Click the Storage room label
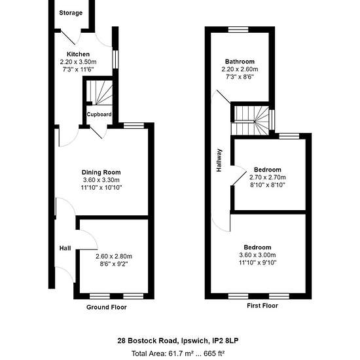[x=71, y=13]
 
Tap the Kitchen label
[x=78, y=54]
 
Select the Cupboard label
[x=99, y=114]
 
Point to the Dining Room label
[x=101, y=172]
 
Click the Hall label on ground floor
[x=65, y=248]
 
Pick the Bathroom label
[x=240, y=62]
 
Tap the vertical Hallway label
[x=219, y=160]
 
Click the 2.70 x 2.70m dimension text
[x=268, y=177]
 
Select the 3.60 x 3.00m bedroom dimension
[x=258, y=255]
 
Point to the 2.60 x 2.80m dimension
[x=114, y=256]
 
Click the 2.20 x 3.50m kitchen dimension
[x=78, y=62]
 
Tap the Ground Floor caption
[x=107, y=307]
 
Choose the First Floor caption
[x=262, y=306]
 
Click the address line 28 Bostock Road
[x=178, y=340]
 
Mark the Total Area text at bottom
[x=178, y=353]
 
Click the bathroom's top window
[x=238, y=29]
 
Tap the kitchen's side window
[x=115, y=59]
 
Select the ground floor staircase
[x=99, y=92]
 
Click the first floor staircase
[x=250, y=120]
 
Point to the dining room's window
[x=134, y=126]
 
